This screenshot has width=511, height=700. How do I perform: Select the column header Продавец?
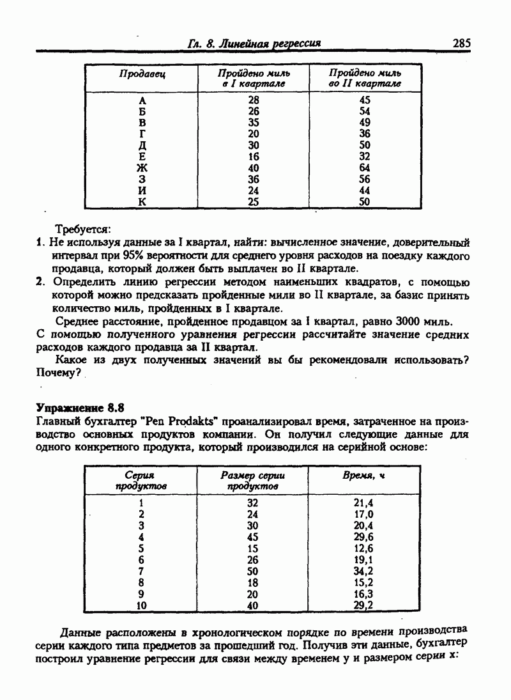click(142, 74)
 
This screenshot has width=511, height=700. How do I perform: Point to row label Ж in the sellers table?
click(142, 168)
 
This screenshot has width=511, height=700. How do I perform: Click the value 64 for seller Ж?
click(365, 168)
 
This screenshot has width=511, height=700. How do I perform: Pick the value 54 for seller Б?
click(365, 111)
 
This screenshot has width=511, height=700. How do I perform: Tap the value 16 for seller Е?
click(254, 157)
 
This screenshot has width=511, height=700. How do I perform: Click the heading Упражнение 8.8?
click(80, 407)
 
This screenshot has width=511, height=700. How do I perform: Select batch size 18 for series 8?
click(252, 582)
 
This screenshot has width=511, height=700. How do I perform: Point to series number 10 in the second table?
click(142, 605)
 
